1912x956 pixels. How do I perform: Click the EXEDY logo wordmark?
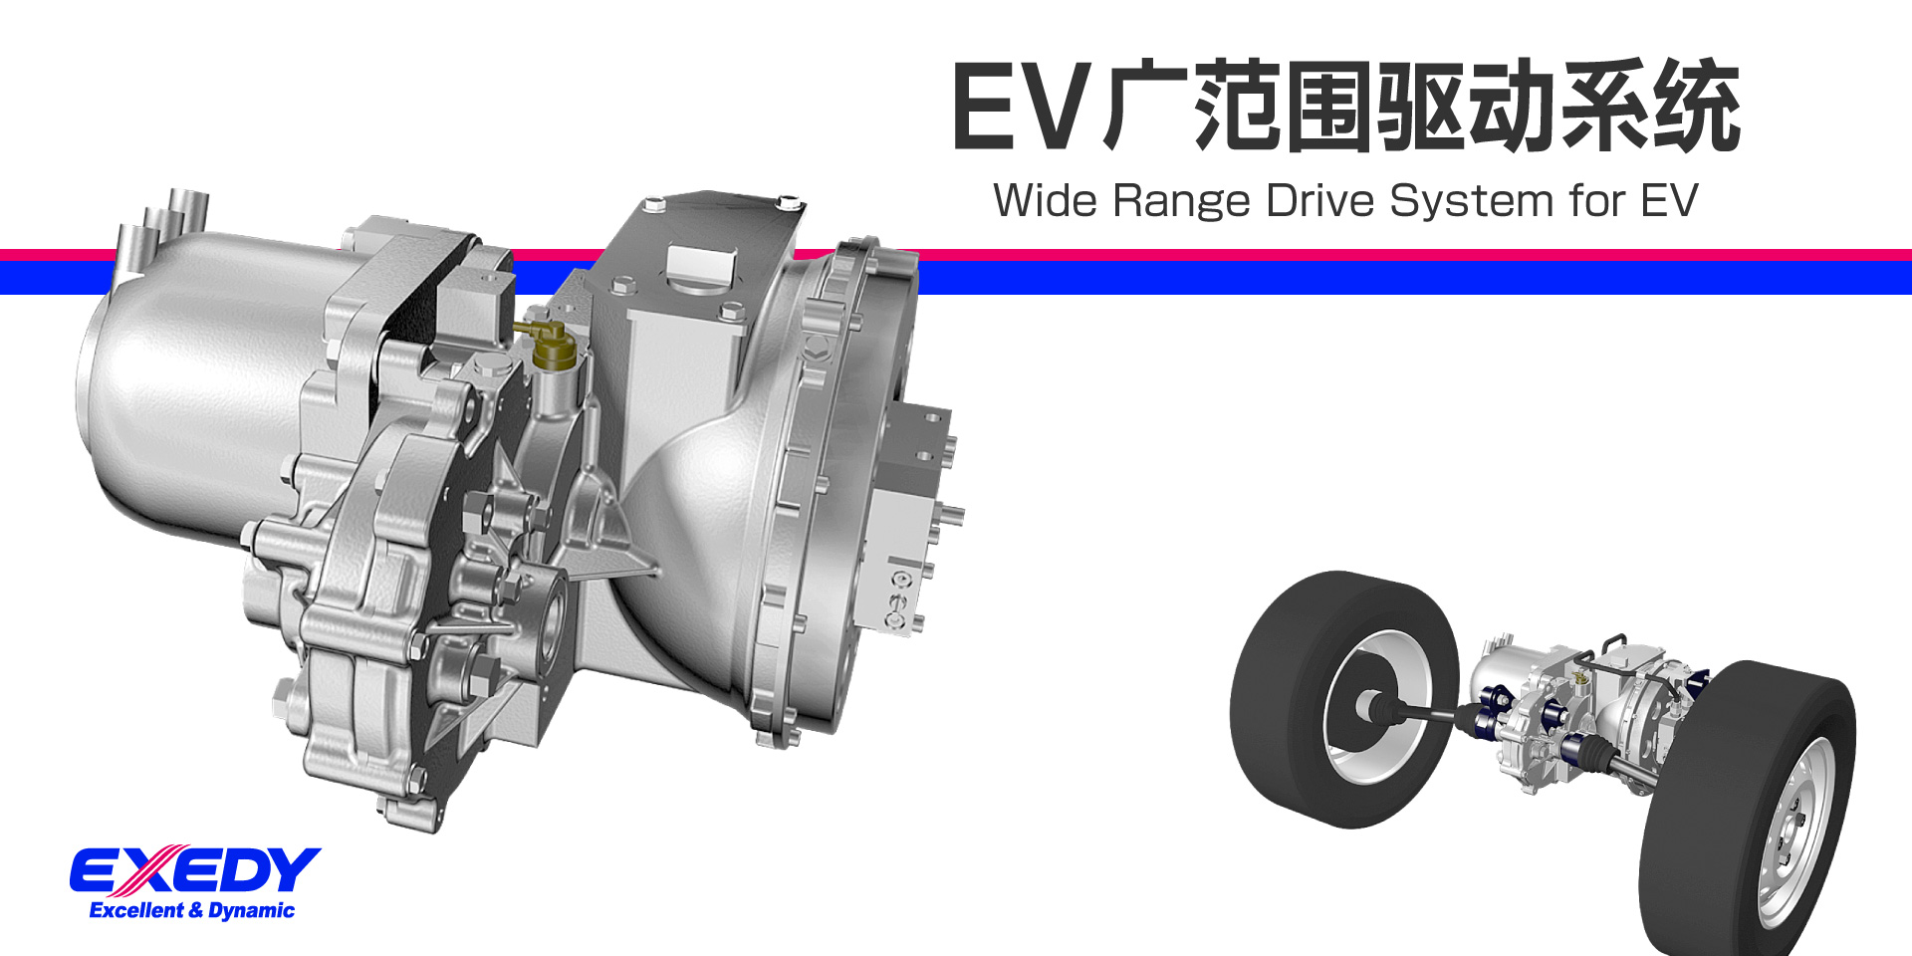(194, 871)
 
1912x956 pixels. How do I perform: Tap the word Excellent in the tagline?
(136, 910)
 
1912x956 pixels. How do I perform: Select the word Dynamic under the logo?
(251, 910)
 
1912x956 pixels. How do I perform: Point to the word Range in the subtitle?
(1180, 202)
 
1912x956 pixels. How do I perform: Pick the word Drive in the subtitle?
(1319, 200)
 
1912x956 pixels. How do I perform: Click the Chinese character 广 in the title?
(1145, 106)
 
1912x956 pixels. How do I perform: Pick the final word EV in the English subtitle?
(1669, 200)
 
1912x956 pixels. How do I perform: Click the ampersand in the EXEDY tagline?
(195, 910)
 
